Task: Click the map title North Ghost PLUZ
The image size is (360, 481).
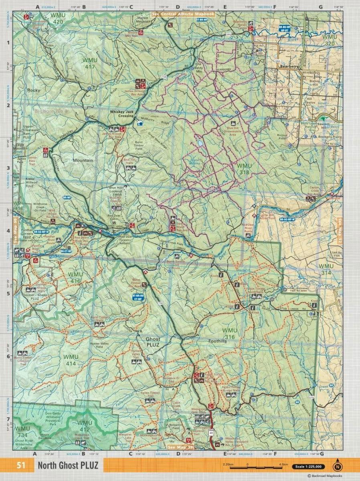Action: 67,466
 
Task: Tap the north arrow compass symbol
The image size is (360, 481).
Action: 338,465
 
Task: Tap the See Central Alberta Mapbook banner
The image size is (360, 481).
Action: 182,14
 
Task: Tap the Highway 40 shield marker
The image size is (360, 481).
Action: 210,433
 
